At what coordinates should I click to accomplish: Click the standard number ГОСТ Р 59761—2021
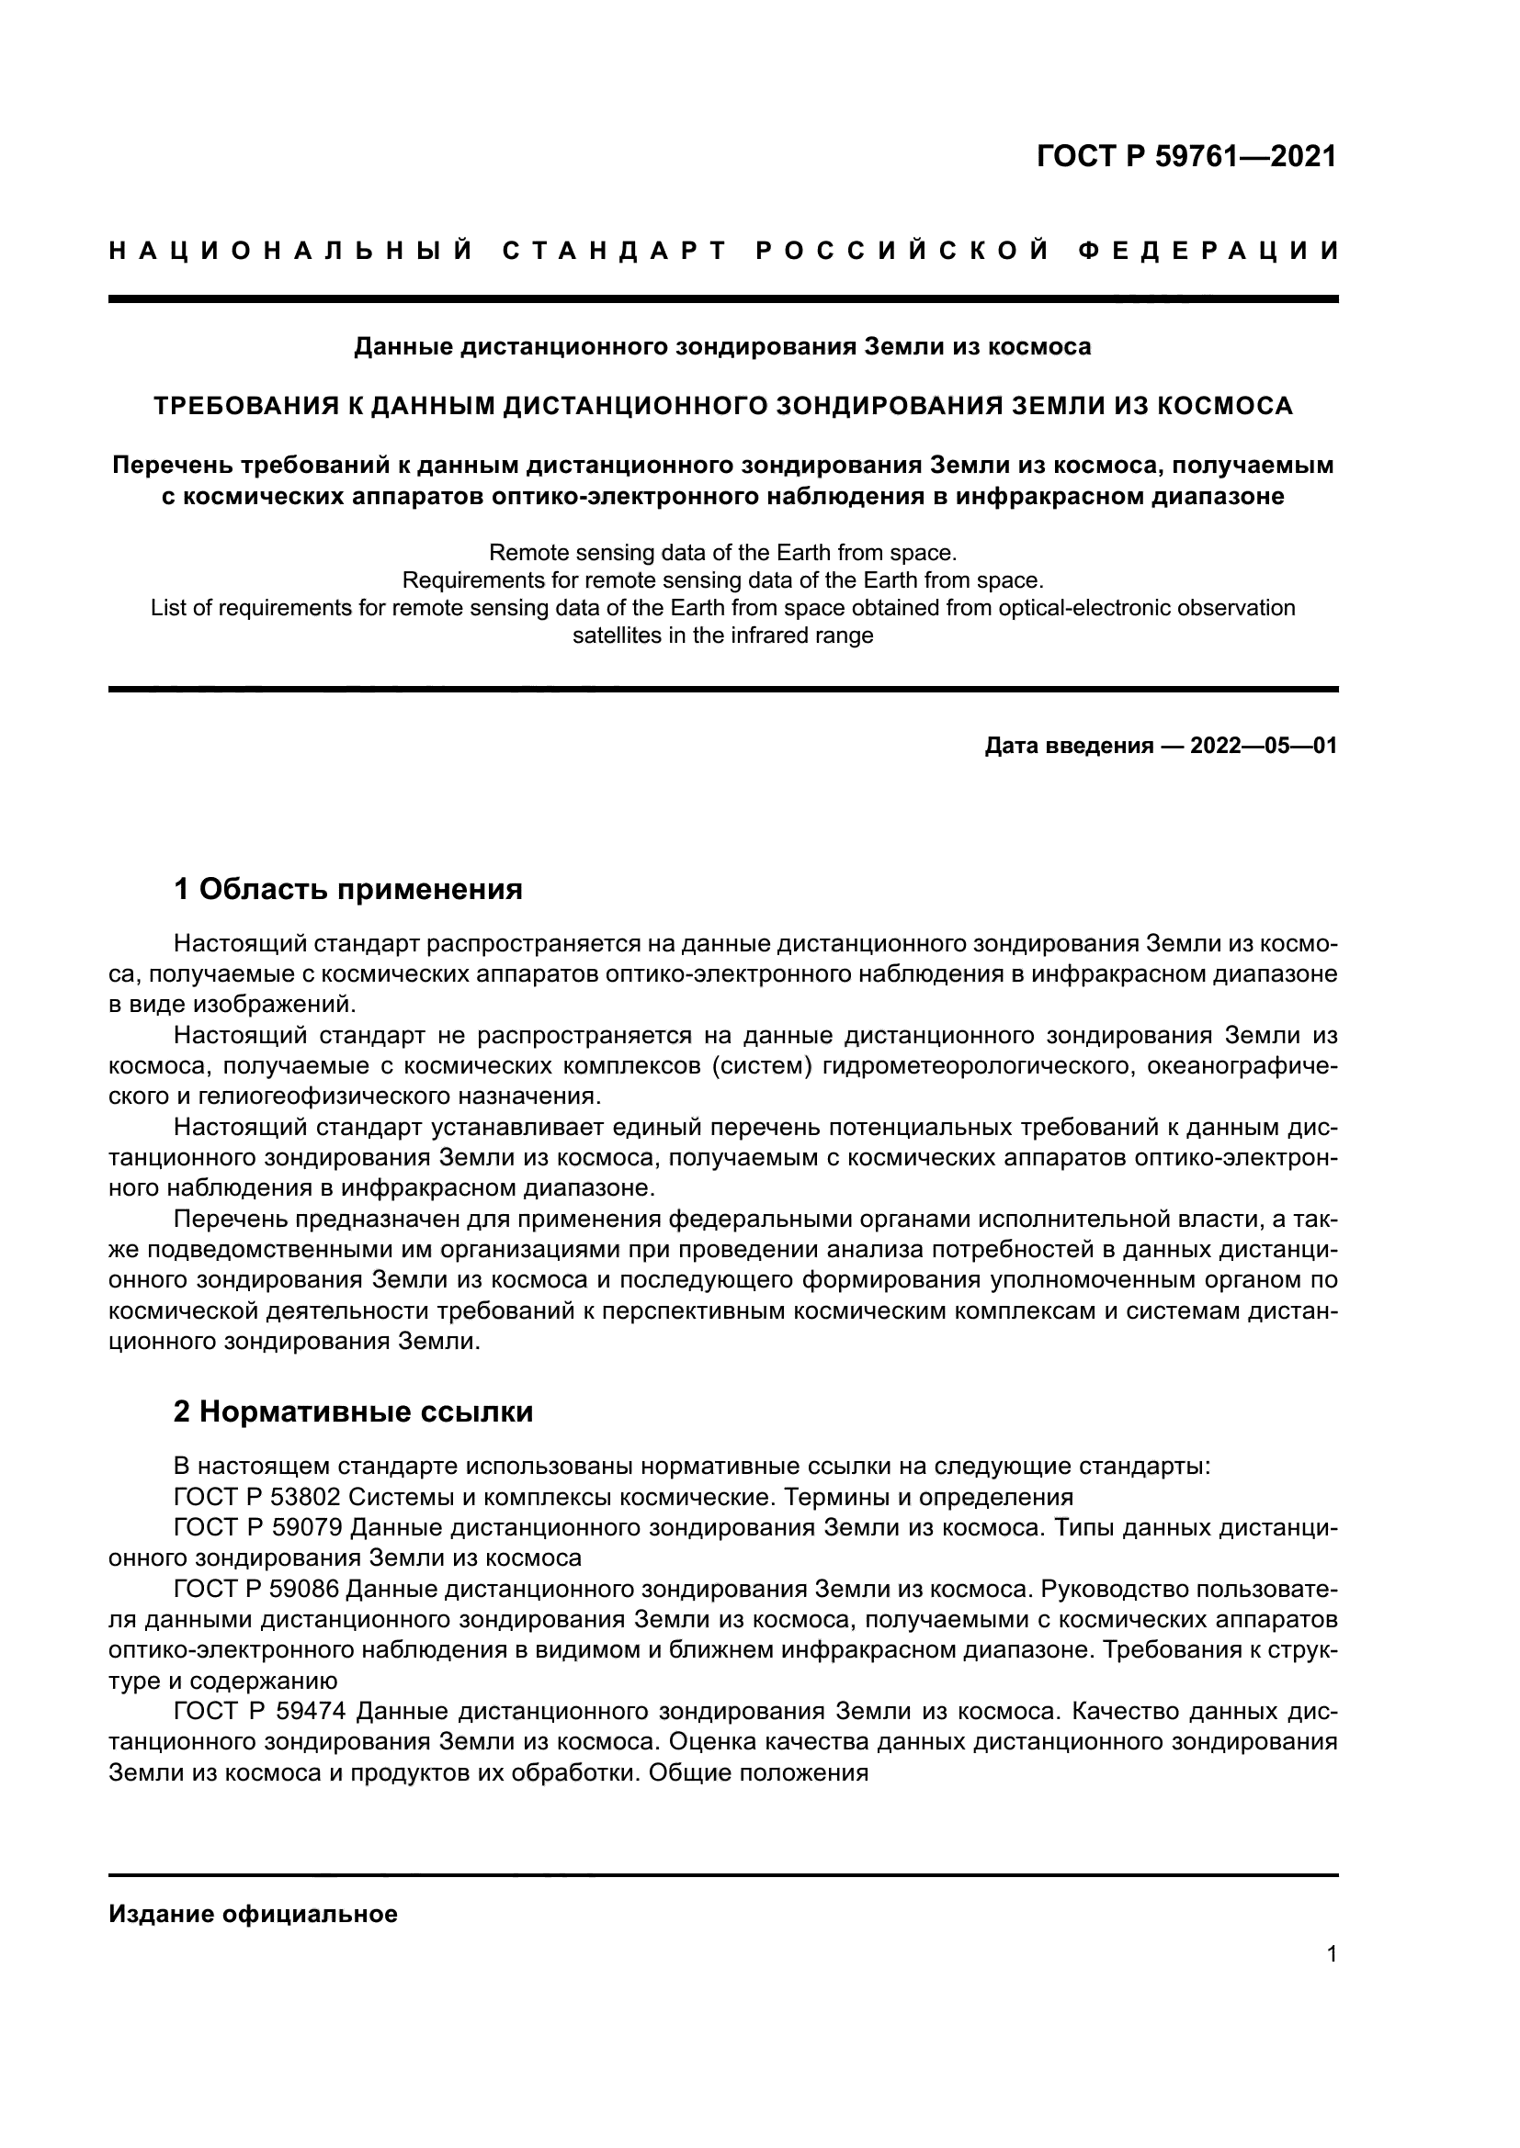click(x=1185, y=156)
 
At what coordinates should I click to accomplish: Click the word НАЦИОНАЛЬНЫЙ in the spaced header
click(x=291, y=251)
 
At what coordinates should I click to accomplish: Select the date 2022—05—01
click(x=1264, y=746)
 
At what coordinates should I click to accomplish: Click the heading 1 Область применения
click(x=348, y=889)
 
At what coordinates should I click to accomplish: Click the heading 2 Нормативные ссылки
click(x=353, y=1411)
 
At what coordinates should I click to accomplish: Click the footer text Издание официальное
click(x=253, y=1906)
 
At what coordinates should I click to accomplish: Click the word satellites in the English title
click(x=614, y=636)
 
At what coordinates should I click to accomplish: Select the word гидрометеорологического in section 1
click(x=972, y=1065)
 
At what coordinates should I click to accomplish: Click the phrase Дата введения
click(x=1068, y=746)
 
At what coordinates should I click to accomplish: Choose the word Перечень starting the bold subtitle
click(x=172, y=465)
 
